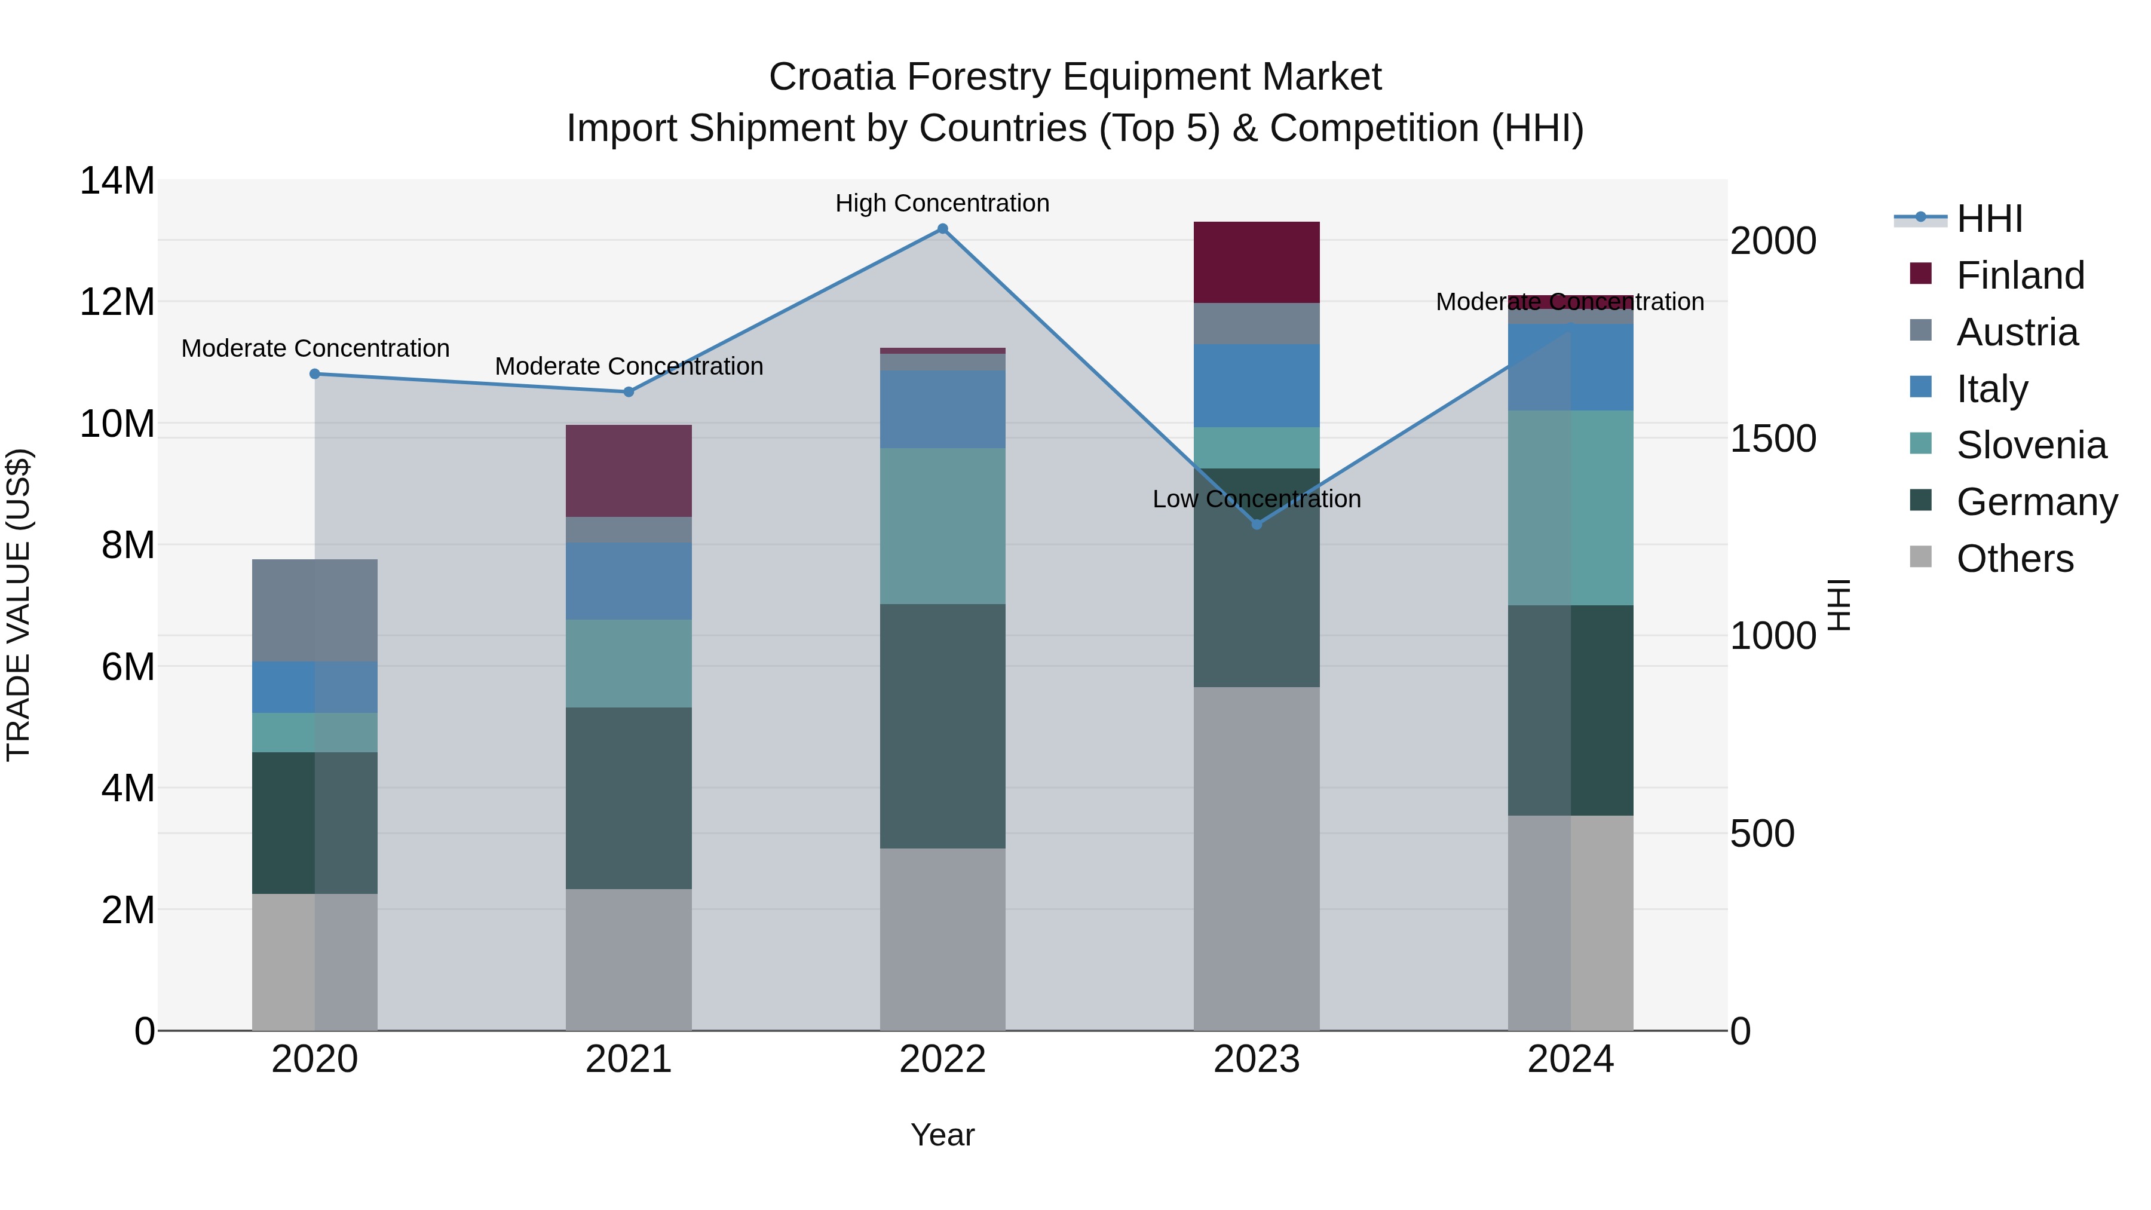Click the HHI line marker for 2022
pyautogui.click(x=943, y=229)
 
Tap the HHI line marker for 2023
pyautogui.click(x=1257, y=525)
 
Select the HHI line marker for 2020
pyautogui.click(x=315, y=374)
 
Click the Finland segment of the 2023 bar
pyautogui.click(x=1257, y=262)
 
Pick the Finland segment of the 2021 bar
pyautogui.click(x=629, y=471)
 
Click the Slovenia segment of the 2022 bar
pyautogui.click(x=943, y=526)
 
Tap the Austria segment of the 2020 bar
pyautogui.click(x=315, y=611)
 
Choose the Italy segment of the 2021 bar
pyautogui.click(x=629, y=581)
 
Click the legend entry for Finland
pyautogui.click(x=2020, y=275)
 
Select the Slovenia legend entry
pyautogui.click(x=2031, y=445)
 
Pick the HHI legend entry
pyautogui.click(x=1989, y=219)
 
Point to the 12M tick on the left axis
pyautogui.click(x=117, y=302)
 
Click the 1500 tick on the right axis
pyautogui.click(x=1772, y=439)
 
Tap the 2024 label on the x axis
pyautogui.click(x=1571, y=1059)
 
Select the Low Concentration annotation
pyautogui.click(x=1257, y=498)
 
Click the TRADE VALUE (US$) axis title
pyautogui.click(x=19, y=605)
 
